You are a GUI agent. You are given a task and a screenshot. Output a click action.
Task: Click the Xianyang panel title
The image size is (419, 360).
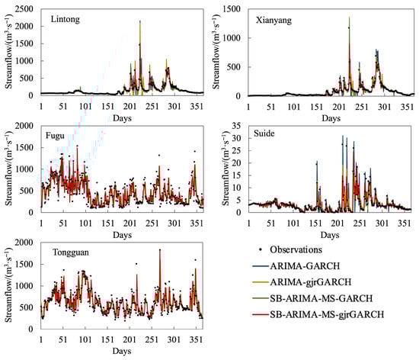(x=275, y=18)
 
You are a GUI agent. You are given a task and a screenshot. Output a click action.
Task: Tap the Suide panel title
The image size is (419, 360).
(x=265, y=135)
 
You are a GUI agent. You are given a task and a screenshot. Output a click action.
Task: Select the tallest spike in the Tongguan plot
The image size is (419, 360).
(x=160, y=250)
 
